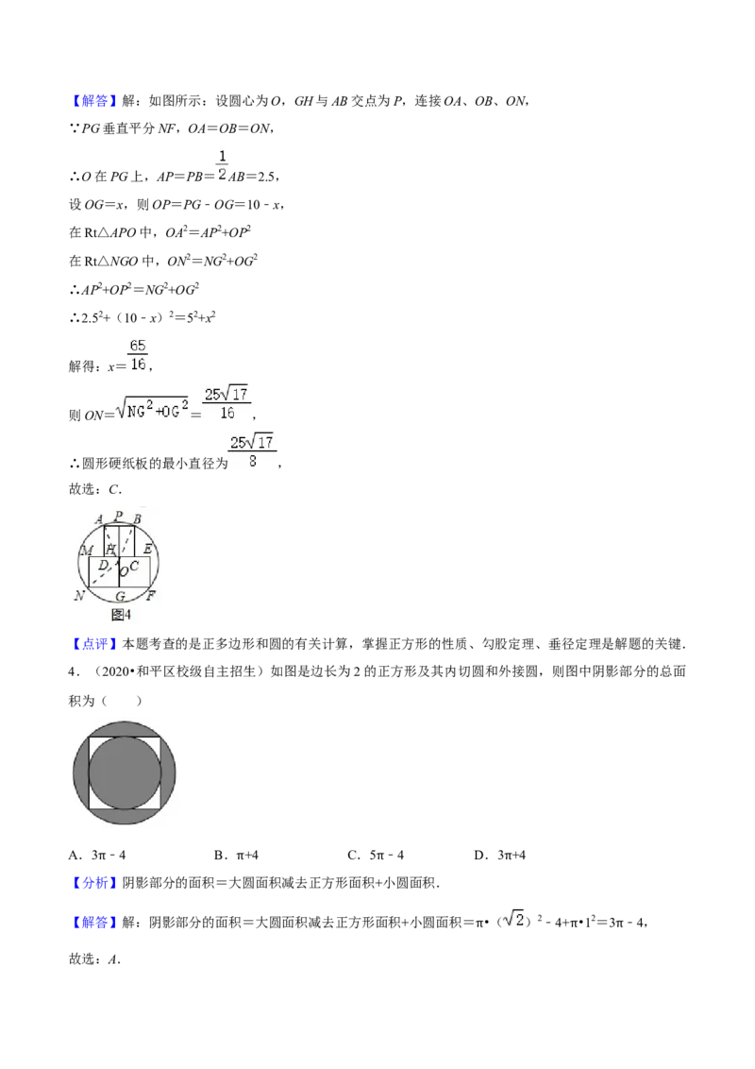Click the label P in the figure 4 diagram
pos(119,516)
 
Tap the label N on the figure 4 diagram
pos(79,595)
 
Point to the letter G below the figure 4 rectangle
pos(120,597)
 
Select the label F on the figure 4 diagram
pos(151,595)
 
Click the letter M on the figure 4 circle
pos(87,551)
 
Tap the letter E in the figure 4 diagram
pos(148,549)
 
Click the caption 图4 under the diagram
pos(121,615)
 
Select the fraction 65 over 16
pos(138,354)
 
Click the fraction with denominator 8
pos(252,451)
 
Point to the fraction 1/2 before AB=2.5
pos(222,165)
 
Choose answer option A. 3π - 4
pos(97,855)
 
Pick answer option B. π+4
pos(237,855)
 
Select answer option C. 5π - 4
pos(377,855)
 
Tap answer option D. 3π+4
pos(500,855)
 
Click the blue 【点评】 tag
pos(94,644)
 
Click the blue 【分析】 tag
pos(94,883)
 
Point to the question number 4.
pos(73,672)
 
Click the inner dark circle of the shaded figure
pos(125,773)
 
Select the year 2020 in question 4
pos(115,671)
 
